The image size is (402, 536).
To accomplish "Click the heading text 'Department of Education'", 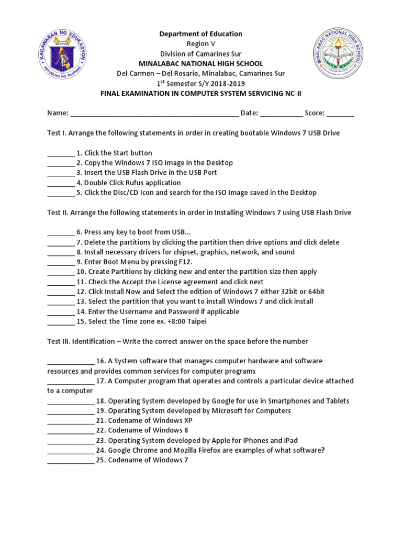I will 201,34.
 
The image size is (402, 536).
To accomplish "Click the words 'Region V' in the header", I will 201,44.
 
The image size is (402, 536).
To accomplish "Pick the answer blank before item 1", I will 61,154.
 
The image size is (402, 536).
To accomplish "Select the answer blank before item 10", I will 61,272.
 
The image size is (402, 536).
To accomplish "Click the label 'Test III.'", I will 59,341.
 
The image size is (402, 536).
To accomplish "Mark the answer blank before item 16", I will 71,362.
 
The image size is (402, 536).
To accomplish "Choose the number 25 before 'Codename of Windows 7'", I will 100,461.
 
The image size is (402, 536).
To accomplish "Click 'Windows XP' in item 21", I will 170,421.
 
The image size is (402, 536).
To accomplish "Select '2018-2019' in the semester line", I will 229,84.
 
